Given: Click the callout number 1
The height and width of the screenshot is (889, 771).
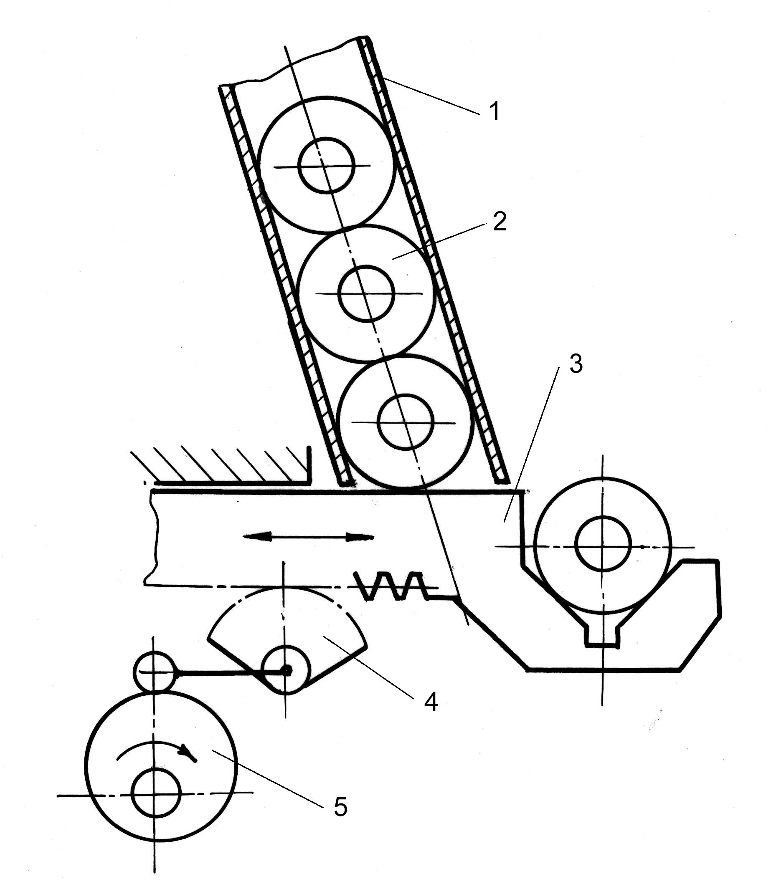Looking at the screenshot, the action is pos(495,111).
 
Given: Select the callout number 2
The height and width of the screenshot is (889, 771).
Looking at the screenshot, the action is pos(500,222).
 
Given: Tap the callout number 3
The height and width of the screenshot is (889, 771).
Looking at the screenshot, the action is pos(576,364).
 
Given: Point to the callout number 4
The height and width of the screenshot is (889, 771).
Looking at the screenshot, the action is pos(431,702).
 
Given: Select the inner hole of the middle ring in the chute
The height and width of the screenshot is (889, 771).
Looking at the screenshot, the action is pos(366,293).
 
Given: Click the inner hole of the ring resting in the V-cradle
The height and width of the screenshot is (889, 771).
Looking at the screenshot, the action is pos(603,544).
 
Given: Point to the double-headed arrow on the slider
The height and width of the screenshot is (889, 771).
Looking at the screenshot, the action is pos(309,537).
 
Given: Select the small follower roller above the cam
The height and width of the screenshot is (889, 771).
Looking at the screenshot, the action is pos(155,672).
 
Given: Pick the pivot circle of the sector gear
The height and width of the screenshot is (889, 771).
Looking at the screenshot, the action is pos(285,669).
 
